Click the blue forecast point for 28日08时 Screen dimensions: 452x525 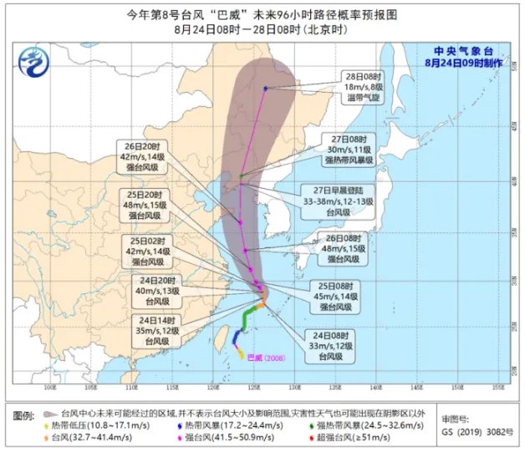click(x=265, y=89)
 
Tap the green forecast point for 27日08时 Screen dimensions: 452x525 click(x=241, y=176)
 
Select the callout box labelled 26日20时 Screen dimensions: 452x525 click(x=150, y=156)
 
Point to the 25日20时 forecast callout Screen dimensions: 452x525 click(x=150, y=204)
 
